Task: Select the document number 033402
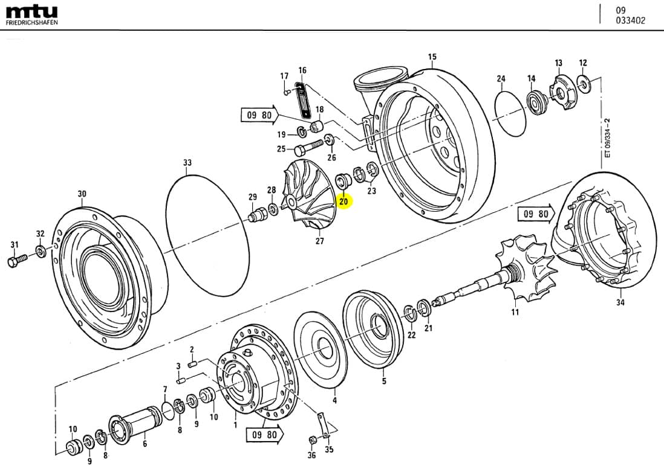point(630,20)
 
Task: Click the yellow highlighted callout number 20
point(344,201)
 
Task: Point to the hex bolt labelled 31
point(16,261)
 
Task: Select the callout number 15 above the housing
point(432,57)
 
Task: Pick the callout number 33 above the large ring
point(187,163)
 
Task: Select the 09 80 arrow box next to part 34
point(536,214)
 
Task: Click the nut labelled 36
point(313,440)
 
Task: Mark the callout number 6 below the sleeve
point(145,443)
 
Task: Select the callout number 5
point(383,381)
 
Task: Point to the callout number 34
point(620,302)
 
